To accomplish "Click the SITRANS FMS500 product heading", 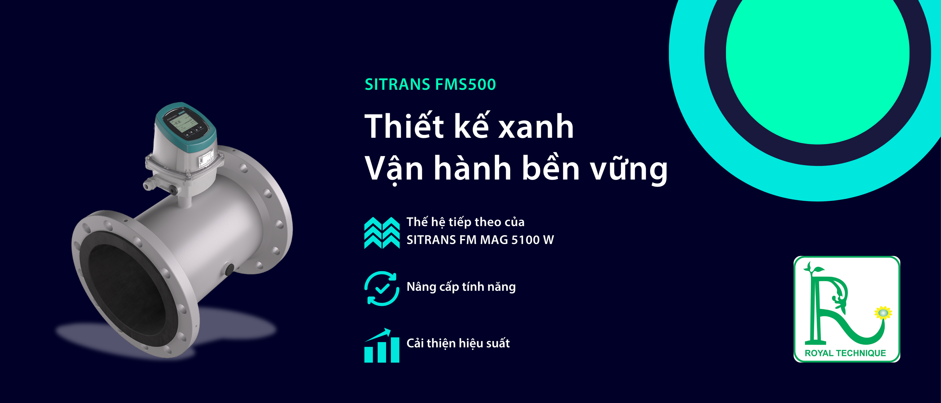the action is [430, 84].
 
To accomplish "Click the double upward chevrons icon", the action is [382, 233].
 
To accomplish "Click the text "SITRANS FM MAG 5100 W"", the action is [480, 240].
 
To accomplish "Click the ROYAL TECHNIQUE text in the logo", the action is [845, 353].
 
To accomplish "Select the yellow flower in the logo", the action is [883, 313].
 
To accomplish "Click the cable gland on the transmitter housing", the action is [149, 183].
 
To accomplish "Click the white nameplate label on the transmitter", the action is [206, 158].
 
